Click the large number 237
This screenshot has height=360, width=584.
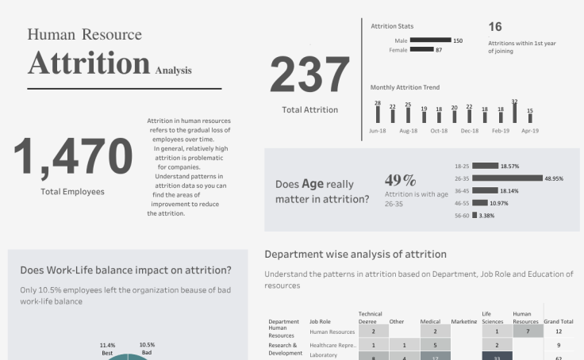309,75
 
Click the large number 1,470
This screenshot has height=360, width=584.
72,156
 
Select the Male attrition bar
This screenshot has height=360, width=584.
430,40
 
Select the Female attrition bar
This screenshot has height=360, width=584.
421,50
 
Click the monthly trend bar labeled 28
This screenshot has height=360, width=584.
378,115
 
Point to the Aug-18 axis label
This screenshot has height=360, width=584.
408,131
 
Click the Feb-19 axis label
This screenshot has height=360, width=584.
500,131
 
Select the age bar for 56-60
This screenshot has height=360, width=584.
474,215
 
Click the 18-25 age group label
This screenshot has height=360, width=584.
462,167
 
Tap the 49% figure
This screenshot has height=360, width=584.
400,181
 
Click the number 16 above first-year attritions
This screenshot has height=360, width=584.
495,27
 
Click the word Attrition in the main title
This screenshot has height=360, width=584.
89,62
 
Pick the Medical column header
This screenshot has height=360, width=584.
430,322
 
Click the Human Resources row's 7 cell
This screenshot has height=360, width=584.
527,331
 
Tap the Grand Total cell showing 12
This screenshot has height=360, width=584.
559,331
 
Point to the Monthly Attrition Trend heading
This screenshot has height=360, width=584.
405,87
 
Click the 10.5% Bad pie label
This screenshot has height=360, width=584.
147,348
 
